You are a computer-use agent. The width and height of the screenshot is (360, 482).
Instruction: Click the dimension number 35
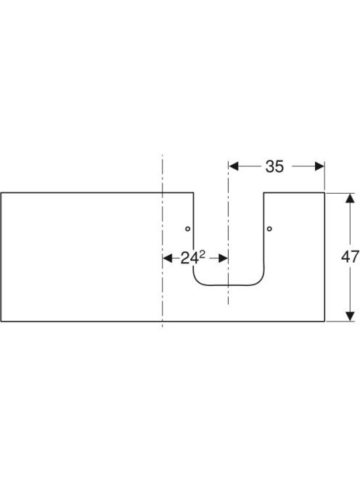274,167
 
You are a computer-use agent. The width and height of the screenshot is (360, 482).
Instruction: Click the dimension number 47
350,257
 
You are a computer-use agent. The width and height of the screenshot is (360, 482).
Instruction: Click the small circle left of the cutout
187,229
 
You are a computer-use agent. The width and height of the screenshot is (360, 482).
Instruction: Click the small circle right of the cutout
269,229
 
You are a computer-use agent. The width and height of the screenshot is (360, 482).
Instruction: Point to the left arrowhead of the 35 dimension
234,166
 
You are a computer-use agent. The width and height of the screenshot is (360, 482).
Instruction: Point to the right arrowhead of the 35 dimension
320,166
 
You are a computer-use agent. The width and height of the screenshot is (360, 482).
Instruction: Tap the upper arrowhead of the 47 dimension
348,198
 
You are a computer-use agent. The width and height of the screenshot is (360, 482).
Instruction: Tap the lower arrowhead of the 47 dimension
348,316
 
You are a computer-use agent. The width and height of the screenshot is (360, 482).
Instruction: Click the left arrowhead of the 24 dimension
167,258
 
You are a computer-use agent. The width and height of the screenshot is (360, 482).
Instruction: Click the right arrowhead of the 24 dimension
223,258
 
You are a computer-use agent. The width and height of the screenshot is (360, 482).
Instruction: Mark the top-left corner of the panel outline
1,193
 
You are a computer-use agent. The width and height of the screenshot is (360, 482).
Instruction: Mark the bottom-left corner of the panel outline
1,322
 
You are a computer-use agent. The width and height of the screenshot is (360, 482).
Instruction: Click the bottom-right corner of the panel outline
324,322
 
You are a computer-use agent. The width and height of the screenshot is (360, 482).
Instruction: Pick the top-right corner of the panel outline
324,193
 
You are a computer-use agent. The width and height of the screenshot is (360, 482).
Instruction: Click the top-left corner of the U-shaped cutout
193,193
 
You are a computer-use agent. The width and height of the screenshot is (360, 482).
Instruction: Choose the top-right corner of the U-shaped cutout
264,193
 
